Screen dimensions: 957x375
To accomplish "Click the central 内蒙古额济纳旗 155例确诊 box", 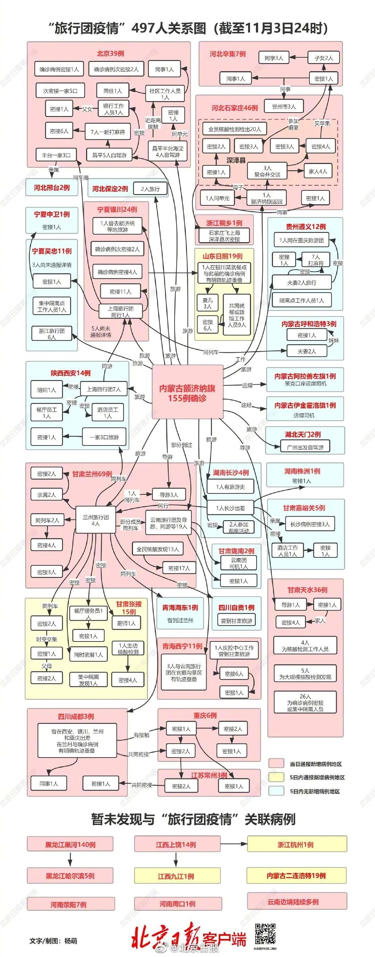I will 187,392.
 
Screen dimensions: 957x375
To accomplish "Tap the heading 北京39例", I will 110,54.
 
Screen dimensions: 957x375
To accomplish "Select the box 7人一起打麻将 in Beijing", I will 108,132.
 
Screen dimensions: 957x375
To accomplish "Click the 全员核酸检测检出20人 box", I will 235,129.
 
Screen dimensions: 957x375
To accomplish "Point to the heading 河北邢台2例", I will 52,188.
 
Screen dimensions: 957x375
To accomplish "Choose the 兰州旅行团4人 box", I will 95,520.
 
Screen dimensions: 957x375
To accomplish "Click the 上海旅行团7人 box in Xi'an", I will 103,389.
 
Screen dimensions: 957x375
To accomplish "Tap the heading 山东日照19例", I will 223,256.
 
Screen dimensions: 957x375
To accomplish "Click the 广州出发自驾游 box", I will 305,447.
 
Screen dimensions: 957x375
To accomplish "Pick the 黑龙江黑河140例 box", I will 70,844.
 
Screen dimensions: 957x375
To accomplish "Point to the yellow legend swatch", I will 276,777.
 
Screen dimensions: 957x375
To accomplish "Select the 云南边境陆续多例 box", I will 297,902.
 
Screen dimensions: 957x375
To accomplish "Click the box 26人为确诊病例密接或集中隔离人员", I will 305,703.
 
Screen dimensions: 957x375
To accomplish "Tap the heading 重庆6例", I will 205,715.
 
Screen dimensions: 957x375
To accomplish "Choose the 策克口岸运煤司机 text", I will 305,383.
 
